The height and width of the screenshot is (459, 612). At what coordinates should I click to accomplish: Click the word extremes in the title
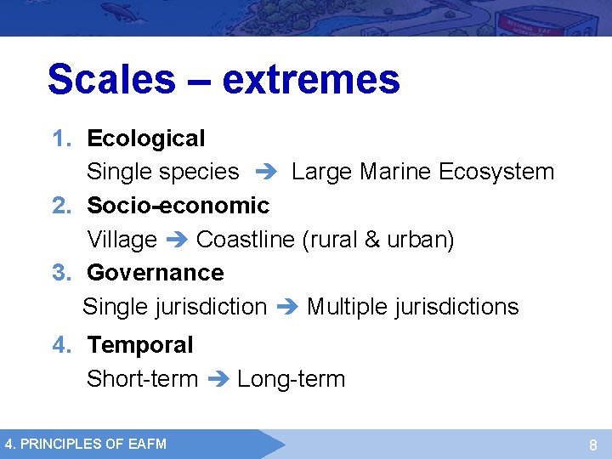coord(310,79)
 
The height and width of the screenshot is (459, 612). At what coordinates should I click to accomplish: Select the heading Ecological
coord(146,138)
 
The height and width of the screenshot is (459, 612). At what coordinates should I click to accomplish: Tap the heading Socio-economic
coord(178,205)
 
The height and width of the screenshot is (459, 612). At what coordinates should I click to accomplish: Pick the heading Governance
coord(156,273)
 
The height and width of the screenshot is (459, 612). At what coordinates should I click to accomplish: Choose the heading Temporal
coord(140,345)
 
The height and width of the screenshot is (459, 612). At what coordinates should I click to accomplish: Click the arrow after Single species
coord(265,172)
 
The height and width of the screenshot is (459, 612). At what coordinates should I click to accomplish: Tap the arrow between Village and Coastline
coord(177,240)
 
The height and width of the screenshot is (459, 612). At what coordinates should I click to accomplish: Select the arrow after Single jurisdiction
coord(286,307)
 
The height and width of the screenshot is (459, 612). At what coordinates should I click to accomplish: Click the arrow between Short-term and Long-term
coord(218,379)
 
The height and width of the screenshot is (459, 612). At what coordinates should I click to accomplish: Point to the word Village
coord(122,240)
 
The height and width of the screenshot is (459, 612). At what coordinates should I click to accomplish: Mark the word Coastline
coord(246,240)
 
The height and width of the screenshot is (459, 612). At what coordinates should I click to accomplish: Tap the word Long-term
coord(292,379)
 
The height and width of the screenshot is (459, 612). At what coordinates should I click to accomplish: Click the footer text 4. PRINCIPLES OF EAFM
coord(86,444)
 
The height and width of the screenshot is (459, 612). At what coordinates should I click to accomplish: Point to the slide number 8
coord(593,445)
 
